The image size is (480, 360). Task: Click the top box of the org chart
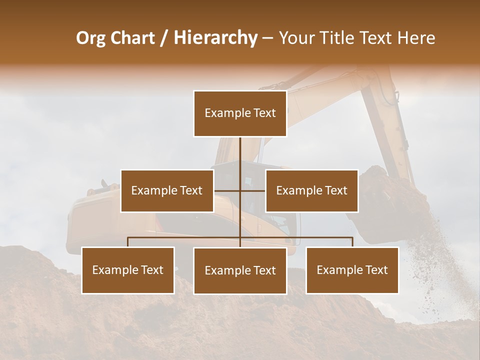click(x=240, y=113)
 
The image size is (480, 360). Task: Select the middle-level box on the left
click(x=167, y=190)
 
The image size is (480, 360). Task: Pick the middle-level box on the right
click(x=311, y=190)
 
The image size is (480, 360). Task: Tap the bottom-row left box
click(x=128, y=270)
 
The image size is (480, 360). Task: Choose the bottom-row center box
click(x=240, y=270)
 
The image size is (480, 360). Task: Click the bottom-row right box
click(x=352, y=270)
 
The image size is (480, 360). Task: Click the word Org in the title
click(x=91, y=38)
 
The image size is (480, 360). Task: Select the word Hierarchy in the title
click(x=215, y=38)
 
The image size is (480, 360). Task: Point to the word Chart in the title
click(x=133, y=38)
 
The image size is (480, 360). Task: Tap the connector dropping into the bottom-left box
click(x=128, y=242)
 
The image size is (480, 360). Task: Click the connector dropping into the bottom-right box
click(x=352, y=242)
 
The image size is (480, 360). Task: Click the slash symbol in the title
click(x=164, y=38)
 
